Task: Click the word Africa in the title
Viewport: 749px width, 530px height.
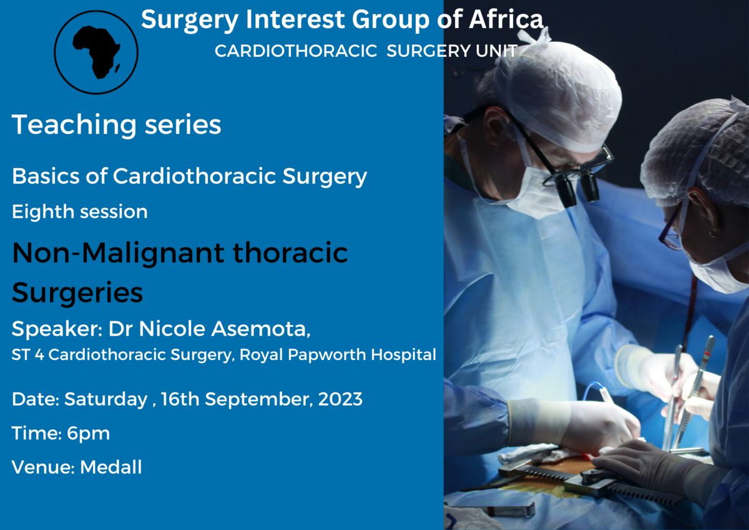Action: tap(506, 19)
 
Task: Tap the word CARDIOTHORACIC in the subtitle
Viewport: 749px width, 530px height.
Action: tap(296, 51)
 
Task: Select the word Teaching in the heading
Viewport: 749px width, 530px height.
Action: tap(74, 125)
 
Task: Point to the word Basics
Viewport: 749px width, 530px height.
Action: tap(46, 176)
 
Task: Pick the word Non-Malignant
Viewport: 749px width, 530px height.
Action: tap(118, 253)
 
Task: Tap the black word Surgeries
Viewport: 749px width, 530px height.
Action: tap(77, 292)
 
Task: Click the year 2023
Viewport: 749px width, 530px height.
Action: tap(340, 399)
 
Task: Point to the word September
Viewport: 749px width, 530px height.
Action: tap(259, 400)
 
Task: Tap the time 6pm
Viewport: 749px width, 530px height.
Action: tap(88, 434)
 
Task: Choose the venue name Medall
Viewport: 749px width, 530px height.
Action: tap(111, 467)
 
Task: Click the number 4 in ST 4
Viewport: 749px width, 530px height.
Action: tap(39, 355)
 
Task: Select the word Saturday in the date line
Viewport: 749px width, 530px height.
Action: tap(105, 400)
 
